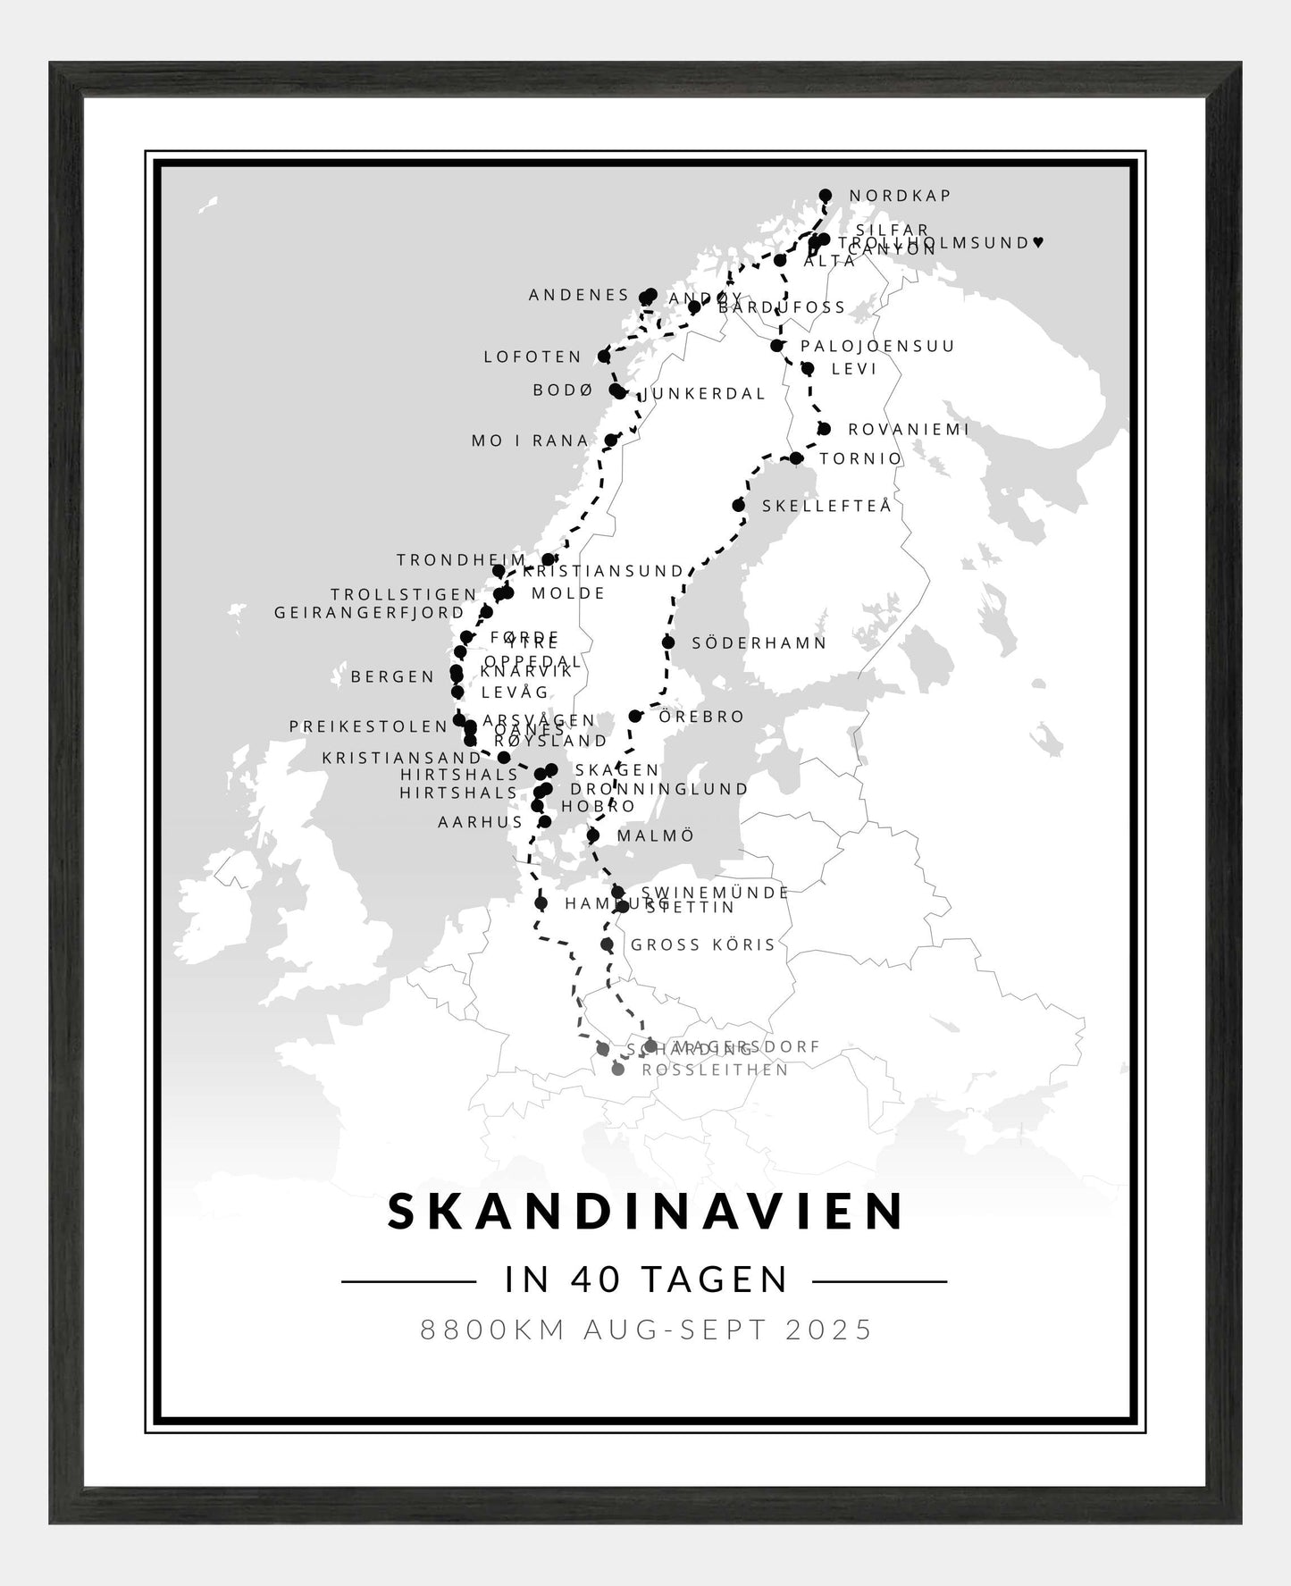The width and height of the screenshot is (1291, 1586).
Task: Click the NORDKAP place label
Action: pos(900,196)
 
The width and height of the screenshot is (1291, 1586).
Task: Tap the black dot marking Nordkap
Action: pos(826,195)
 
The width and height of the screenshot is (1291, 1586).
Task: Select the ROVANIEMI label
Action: pos(908,430)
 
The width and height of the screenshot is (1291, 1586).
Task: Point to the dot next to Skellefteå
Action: pos(739,506)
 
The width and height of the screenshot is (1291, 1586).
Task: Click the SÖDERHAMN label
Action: pos(759,643)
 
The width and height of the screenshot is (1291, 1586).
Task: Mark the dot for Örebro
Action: pos(635,717)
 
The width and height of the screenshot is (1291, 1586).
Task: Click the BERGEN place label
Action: pos(392,677)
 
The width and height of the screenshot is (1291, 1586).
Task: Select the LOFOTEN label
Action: pos(532,357)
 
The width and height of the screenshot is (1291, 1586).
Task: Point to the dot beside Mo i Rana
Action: pos(611,441)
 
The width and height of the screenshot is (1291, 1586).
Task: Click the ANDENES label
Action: pos(579,295)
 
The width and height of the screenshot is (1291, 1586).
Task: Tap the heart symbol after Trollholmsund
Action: pos(1036,242)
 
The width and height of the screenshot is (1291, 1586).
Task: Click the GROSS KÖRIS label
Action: pos(703,945)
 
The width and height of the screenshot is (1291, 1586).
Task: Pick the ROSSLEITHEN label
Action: pos(715,1070)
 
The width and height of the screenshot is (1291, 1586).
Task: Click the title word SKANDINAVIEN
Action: pos(646,1212)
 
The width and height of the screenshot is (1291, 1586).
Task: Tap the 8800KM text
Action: pos(493,1330)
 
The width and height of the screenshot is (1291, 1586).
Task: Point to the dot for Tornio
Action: pos(796,458)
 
